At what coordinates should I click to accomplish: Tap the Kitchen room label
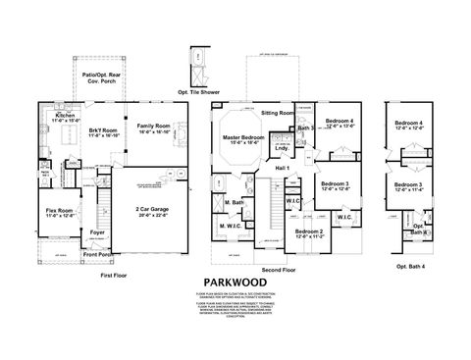66,118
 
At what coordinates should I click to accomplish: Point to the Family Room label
153,128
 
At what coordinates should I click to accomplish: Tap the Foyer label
96,232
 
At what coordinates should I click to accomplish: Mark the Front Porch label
97,254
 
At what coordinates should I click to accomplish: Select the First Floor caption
115,278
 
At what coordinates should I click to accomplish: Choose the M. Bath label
234,203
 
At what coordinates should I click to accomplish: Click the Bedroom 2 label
310,233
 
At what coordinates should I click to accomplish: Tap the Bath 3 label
305,129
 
